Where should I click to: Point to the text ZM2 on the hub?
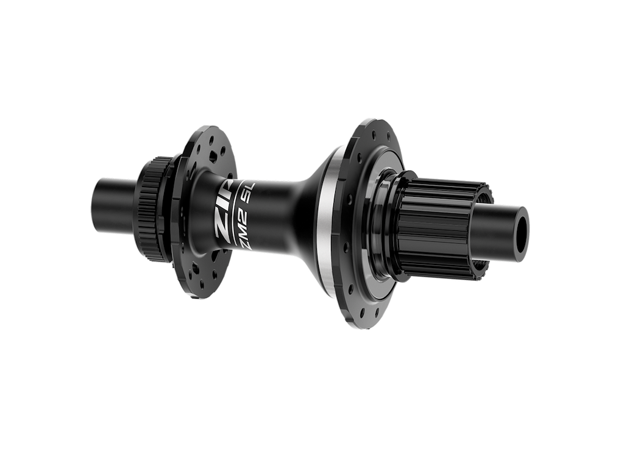(241, 229)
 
